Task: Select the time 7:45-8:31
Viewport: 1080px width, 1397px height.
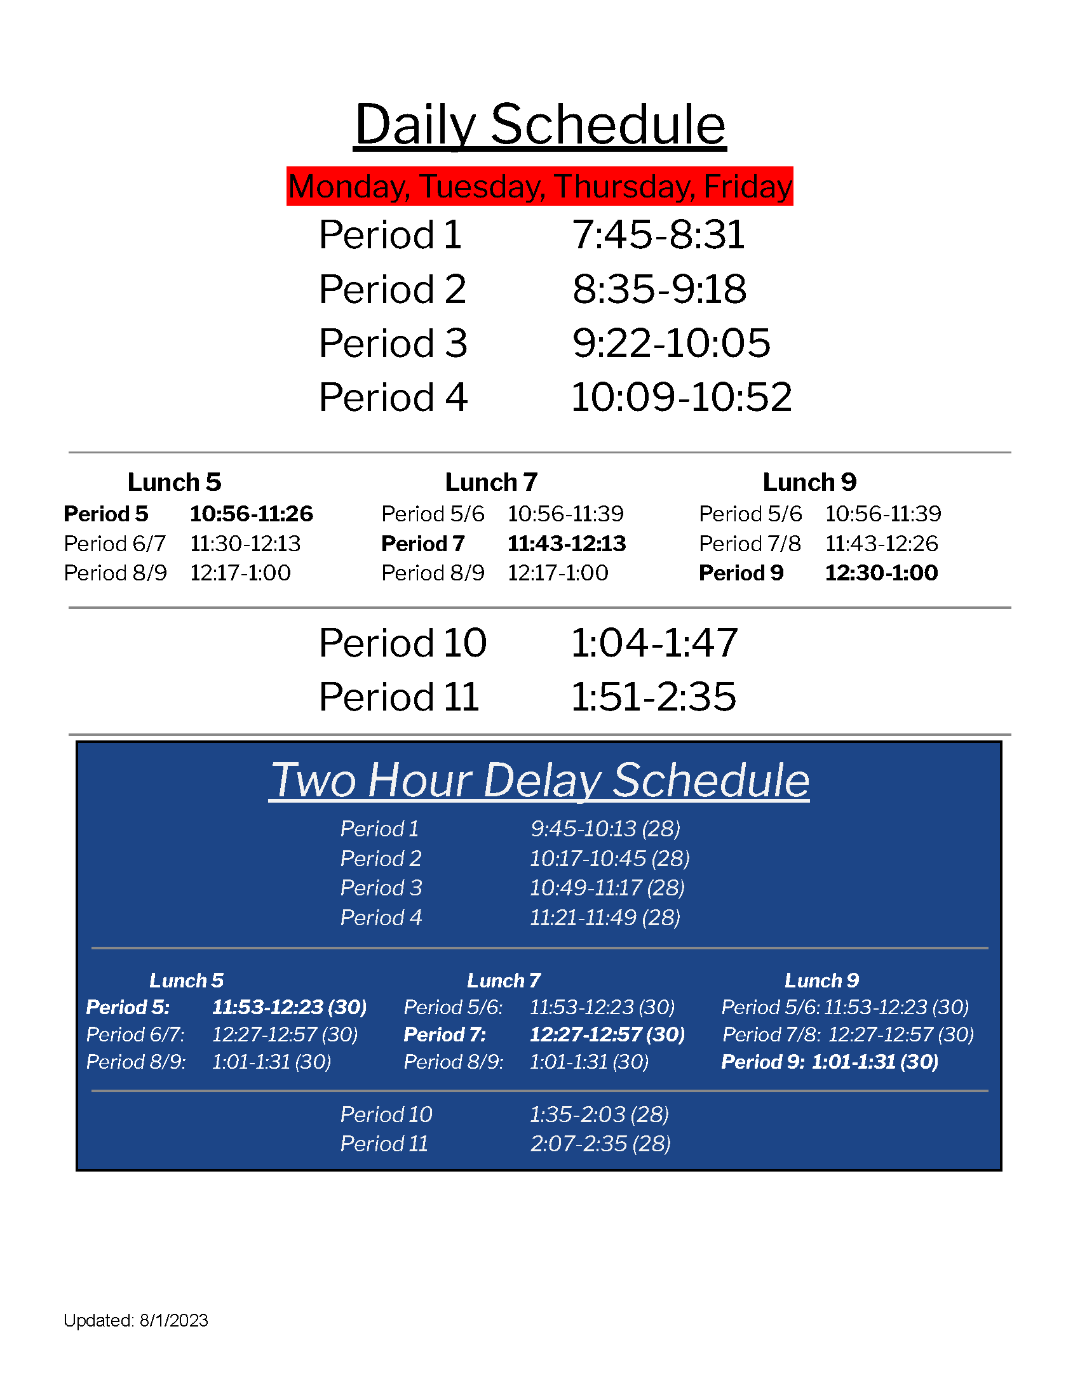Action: [658, 235]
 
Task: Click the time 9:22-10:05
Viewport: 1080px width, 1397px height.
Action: [671, 344]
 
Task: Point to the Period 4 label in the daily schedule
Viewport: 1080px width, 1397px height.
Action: [393, 398]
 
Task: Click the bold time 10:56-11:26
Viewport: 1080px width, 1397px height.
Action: [252, 514]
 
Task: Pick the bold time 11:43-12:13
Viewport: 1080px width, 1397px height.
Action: [566, 544]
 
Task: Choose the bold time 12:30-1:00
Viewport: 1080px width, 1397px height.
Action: [881, 573]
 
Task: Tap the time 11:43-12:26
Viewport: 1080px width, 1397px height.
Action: [881, 544]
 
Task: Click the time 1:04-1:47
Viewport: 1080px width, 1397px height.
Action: [654, 643]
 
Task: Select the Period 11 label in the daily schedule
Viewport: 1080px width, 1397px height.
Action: [398, 697]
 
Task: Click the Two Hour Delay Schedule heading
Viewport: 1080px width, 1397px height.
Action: [539, 780]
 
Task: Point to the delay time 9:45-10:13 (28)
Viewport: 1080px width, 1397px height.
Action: [605, 829]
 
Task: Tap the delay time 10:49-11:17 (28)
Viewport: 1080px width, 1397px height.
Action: [607, 888]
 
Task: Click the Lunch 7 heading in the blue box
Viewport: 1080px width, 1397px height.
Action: [504, 980]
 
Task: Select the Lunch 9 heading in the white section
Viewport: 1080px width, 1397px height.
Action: [809, 483]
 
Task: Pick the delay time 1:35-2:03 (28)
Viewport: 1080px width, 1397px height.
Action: [599, 1114]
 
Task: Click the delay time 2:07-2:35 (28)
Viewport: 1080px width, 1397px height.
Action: [600, 1144]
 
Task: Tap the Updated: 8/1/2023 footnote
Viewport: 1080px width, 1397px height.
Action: [136, 1320]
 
